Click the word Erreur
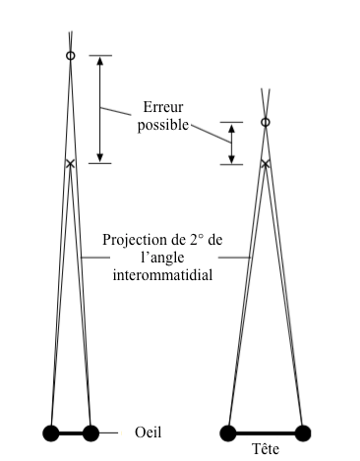click(x=163, y=107)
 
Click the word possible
click(x=163, y=126)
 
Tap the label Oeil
click(x=149, y=432)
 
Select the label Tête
click(x=266, y=448)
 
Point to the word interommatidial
click(x=162, y=275)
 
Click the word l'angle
click(x=162, y=258)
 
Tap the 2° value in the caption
click(x=197, y=240)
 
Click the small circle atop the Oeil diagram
click(x=71, y=56)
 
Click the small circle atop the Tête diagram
click(x=266, y=122)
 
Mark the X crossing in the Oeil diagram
click(x=70, y=163)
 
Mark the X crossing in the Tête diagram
click(x=266, y=163)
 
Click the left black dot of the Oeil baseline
click(x=51, y=433)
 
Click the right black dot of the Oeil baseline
click(x=90, y=433)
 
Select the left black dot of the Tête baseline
click(x=228, y=433)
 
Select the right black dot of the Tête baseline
click(x=303, y=433)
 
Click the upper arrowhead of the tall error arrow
click(x=100, y=61)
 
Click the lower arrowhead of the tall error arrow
click(x=100, y=158)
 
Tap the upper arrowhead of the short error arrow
click(x=231, y=128)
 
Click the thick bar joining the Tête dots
click(x=266, y=433)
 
